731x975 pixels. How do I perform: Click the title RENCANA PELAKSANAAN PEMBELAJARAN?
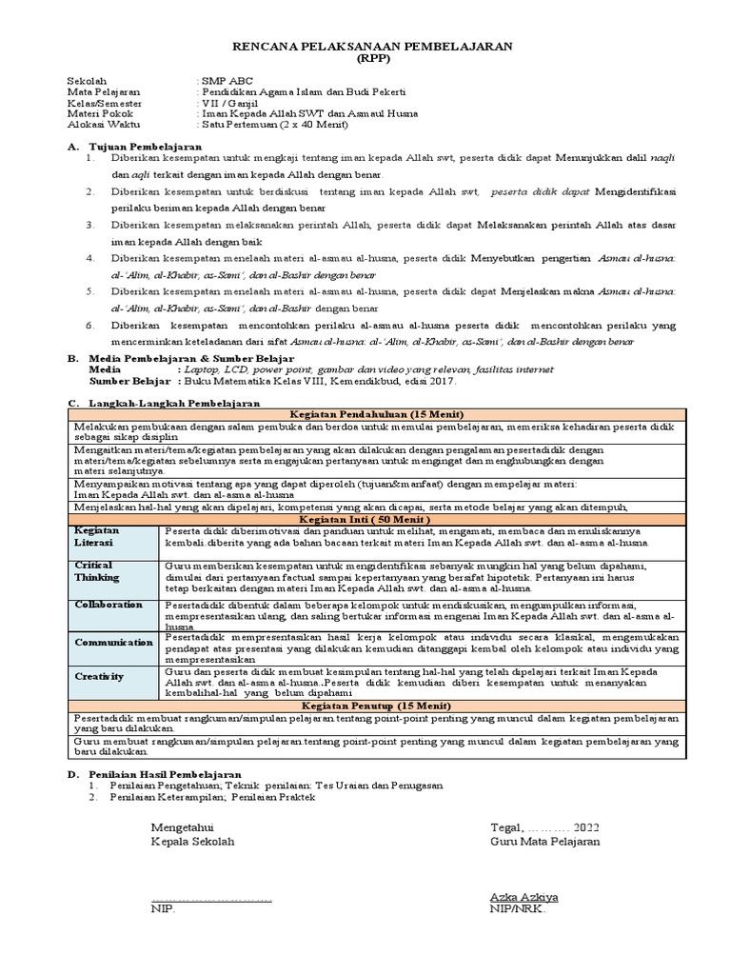pos(373,45)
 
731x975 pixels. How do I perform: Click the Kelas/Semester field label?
pos(104,102)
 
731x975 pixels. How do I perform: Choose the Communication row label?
pos(113,642)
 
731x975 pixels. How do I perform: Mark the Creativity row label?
pos(99,675)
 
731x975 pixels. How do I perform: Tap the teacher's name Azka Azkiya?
pos(524,896)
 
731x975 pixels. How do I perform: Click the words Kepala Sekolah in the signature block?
pos(192,841)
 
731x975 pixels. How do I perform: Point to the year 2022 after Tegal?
pos(585,826)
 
